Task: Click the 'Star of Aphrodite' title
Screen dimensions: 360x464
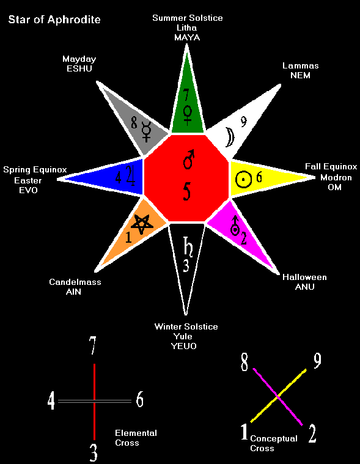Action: tap(54, 20)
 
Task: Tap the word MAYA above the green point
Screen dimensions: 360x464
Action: tap(187, 37)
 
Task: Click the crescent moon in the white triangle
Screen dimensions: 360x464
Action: tap(229, 137)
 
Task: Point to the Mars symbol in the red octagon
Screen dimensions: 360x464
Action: tap(188, 159)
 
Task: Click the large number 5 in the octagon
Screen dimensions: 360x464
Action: tap(186, 191)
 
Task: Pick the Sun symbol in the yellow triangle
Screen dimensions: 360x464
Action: tap(243, 179)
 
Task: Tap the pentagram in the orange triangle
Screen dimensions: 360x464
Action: tap(142, 224)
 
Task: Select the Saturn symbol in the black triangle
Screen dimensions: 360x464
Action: tap(188, 246)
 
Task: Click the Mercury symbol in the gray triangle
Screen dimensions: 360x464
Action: tap(147, 131)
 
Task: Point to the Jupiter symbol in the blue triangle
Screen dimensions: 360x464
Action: tap(130, 175)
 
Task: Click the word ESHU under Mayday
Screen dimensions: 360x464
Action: tap(79, 68)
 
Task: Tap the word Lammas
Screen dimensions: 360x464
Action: tap(301, 65)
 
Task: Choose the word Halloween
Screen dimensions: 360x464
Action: tap(304, 278)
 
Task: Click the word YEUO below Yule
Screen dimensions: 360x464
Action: tap(184, 346)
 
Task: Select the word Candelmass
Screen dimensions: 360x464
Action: tap(75, 282)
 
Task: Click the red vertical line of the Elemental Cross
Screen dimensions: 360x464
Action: tap(94, 402)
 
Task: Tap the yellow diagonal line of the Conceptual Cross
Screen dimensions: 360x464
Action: tap(278, 396)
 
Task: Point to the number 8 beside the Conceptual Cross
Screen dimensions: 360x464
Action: tap(244, 362)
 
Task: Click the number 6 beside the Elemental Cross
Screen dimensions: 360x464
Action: tap(139, 399)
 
